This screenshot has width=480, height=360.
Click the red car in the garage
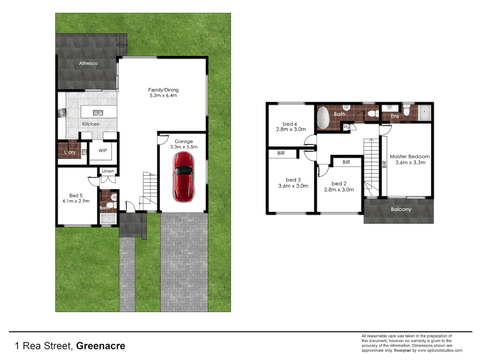[x=183, y=177]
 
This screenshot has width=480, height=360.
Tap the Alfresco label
[x=88, y=63]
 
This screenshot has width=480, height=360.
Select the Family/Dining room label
[x=163, y=90]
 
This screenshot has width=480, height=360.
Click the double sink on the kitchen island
[x=98, y=113]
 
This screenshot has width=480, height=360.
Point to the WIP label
[x=103, y=151]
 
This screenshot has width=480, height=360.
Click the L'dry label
[x=70, y=152]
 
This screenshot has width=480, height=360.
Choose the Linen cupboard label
[x=108, y=171]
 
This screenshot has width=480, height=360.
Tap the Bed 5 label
[x=76, y=196]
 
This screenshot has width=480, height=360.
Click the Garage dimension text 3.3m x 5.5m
[x=184, y=147]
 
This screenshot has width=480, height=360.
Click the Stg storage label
[x=346, y=127]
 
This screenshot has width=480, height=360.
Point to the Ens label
[x=395, y=116]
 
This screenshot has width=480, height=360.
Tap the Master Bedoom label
[x=410, y=156]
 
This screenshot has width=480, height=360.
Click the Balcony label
[x=401, y=209]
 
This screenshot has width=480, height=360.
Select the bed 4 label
[x=290, y=124]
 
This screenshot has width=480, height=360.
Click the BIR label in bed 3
[x=281, y=153]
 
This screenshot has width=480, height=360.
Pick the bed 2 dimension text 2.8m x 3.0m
[x=339, y=190]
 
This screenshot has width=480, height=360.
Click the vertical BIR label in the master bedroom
[x=384, y=164]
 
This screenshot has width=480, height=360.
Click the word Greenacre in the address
[x=101, y=346]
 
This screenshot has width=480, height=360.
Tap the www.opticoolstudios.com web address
[x=440, y=350]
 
